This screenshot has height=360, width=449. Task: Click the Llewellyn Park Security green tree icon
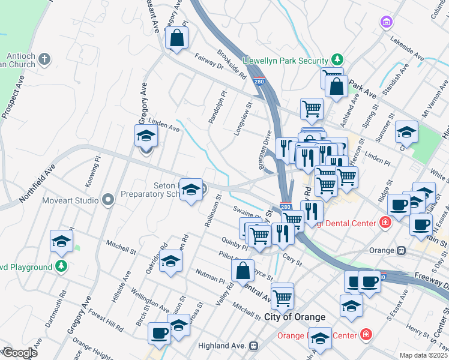tap(338, 60)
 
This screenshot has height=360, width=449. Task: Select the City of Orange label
tap(294, 317)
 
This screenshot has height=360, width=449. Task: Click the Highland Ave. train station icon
tap(254, 346)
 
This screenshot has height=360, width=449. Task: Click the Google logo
tap(20, 353)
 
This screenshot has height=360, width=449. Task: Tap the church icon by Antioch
tap(45, 59)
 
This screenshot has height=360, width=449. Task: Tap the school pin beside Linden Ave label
tap(146, 136)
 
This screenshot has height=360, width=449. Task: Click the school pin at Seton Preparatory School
tap(191, 190)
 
